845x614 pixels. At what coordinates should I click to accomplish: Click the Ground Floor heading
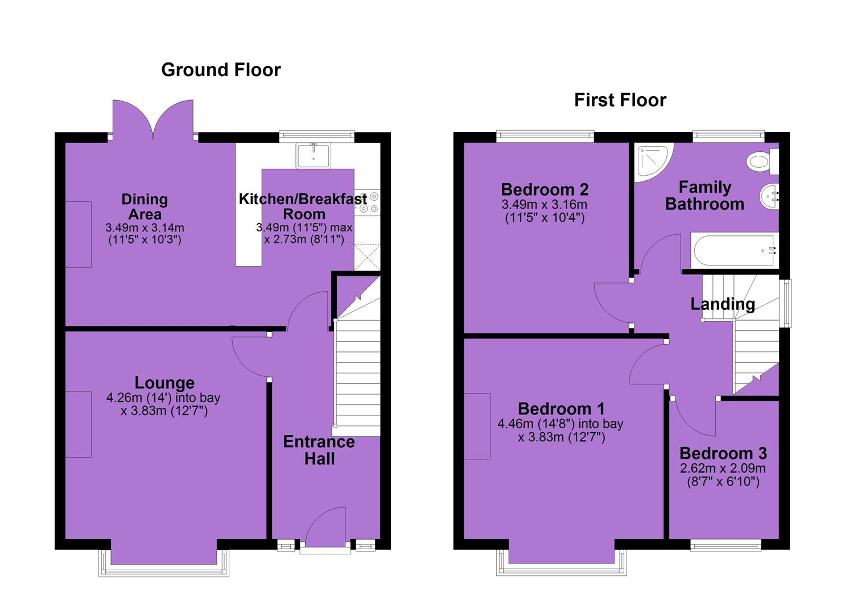[221, 70]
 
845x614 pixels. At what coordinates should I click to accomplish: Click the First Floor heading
[620, 100]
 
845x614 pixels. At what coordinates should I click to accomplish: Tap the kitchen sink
[314, 155]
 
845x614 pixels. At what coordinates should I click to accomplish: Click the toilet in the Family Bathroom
[762, 161]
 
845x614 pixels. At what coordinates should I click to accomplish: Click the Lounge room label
[164, 383]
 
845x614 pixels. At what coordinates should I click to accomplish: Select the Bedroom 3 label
[723, 453]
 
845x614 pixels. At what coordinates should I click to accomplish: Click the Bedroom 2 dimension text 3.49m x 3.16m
[545, 205]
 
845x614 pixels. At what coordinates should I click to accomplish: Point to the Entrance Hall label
[319, 450]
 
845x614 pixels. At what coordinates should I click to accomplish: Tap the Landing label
[723, 304]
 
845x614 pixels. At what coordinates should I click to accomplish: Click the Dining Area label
[145, 206]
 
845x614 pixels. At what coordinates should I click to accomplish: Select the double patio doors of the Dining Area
[153, 119]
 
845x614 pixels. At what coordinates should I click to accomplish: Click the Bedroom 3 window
[726, 545]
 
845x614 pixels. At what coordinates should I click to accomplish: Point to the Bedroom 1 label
[561, 409]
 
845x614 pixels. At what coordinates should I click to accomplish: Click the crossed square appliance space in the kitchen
[367, 257]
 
